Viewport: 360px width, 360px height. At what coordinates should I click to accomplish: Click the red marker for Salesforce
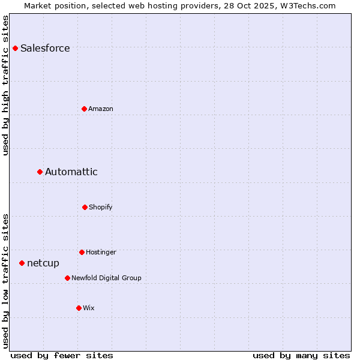16,48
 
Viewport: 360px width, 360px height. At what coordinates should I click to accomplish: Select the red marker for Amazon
84,109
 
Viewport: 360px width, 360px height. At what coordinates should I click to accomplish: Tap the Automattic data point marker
40,172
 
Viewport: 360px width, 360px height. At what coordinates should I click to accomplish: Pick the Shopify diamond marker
85,207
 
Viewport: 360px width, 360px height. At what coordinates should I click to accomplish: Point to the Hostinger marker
82,252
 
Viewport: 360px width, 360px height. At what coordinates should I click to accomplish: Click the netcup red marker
22,263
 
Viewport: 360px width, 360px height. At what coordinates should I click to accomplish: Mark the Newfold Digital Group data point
67,278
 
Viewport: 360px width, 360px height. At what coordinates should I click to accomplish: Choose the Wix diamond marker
79,308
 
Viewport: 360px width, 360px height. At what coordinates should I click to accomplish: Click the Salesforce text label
45,49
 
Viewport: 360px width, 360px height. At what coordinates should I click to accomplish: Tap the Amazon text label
101,109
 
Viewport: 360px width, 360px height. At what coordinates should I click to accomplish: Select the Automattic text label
71,172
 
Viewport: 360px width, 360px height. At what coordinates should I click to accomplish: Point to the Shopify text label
101,208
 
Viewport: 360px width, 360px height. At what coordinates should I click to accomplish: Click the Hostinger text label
101,253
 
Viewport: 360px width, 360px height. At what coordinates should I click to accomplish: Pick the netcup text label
43,263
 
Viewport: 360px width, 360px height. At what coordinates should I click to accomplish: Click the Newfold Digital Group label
106,278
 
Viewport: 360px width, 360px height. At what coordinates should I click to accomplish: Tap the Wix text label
89,308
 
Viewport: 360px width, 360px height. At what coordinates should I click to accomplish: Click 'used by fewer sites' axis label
62,355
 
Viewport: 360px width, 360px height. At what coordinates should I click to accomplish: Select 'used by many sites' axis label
301,355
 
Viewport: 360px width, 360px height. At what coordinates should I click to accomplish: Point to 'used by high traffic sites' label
5,85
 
